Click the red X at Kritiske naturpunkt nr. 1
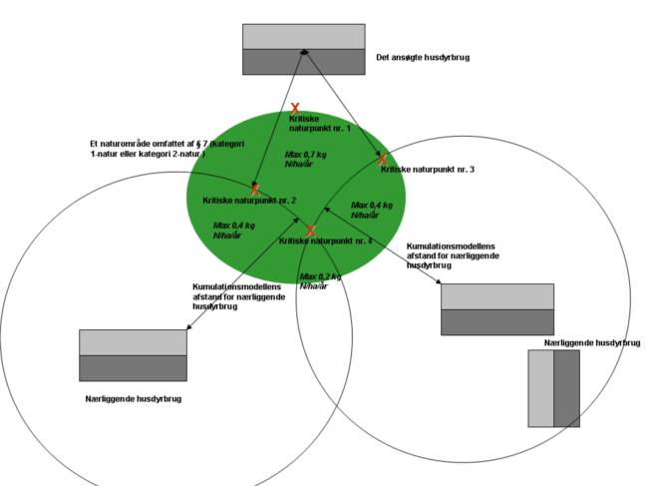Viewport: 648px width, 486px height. pyautogui.click(x=295, y=108)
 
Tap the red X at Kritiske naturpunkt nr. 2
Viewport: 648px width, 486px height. pyautogui.click(x=255, y=189)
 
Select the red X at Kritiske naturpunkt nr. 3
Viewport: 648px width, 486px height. pyautogui.click(x=382, y=159)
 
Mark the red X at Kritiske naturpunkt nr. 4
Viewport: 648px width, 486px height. pyautogui.click(x=310, y=231)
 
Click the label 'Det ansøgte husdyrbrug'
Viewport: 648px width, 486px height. pyautogui.click(x=423, y=57)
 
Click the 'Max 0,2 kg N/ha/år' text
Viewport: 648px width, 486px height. pyautogui.click(x=321, y=281)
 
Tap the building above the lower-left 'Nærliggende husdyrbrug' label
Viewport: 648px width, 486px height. pyautogui.click(x=133, y=355)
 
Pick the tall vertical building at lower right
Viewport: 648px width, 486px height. pyautogui.click(x=553, y=388)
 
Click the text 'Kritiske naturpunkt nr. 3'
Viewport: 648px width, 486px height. pyautogui.click(x=427, y=170)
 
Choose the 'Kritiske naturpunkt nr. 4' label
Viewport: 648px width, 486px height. pyautogui.click(x=325, y=242)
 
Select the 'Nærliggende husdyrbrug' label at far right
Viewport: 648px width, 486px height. pyautogui.click(x=592, y=342)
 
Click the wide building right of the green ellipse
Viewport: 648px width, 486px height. pyautogui.click(x=496, y=309)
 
